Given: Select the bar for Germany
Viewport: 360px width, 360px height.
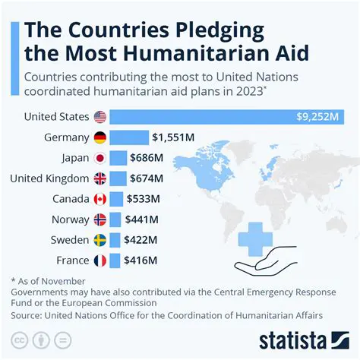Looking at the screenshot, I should point(129,137).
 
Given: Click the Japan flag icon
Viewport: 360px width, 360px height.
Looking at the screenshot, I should point(99,158).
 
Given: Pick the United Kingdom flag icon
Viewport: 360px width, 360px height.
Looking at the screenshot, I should point(99,178).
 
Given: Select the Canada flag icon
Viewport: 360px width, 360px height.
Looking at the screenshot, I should point(99,199).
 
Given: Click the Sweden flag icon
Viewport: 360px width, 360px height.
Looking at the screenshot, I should point(99,240).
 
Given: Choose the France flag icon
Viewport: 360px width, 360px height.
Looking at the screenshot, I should point(99,261).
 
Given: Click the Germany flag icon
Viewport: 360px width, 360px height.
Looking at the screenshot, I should point(99,137).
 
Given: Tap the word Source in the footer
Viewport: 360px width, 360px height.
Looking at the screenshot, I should point(28,314).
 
